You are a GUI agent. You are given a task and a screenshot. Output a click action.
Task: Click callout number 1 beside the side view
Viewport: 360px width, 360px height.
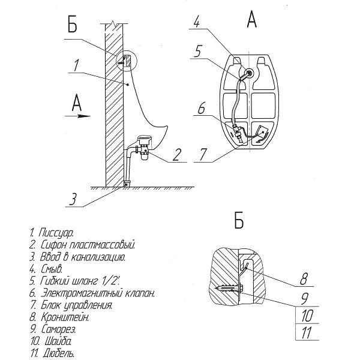coord(76,65)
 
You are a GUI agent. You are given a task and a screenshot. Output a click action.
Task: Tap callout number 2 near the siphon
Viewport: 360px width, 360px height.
coord(176,155)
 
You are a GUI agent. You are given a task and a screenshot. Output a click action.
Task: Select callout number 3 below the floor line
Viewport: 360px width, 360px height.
coord(73,199)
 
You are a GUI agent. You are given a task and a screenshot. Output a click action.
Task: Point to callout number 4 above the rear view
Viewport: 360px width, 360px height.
coord(197,22)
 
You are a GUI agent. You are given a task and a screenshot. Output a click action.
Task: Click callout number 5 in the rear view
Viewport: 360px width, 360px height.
coord(197,51)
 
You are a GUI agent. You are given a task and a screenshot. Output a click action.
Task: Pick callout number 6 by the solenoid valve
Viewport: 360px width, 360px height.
coord(202,108)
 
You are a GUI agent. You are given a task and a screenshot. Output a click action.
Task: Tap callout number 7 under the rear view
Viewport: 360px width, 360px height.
coord(203,154)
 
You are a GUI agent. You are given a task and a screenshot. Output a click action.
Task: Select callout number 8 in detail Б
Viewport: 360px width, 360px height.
coord(304,279)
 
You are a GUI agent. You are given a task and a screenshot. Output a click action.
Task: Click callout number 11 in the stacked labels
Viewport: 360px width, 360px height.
coord(307,332)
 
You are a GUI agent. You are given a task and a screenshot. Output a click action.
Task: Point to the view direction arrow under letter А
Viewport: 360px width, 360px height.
coord(77,116)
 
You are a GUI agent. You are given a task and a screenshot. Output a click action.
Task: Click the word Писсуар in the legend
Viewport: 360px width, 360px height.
coord(56,233)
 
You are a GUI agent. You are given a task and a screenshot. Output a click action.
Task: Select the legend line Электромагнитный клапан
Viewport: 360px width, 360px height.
coord(98,293)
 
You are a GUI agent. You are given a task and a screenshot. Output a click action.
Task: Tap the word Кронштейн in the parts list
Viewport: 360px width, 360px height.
coord(65,317)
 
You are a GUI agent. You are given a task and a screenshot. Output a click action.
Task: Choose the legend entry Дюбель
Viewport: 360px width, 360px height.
coord(59,353)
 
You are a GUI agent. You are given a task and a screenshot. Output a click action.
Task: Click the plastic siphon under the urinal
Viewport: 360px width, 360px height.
coord(144,148)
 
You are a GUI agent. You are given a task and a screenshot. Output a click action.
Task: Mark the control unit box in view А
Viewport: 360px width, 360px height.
coord(263,130)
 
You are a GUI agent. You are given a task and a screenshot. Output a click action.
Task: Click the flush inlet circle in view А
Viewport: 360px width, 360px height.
coord(249,73)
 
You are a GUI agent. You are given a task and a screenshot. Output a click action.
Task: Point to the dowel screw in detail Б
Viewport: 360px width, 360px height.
coord(229,288)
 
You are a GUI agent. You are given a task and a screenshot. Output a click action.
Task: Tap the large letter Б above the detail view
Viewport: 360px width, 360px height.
coord(239,220)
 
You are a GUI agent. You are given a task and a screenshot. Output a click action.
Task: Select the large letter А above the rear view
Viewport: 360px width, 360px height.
coord(251,19)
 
